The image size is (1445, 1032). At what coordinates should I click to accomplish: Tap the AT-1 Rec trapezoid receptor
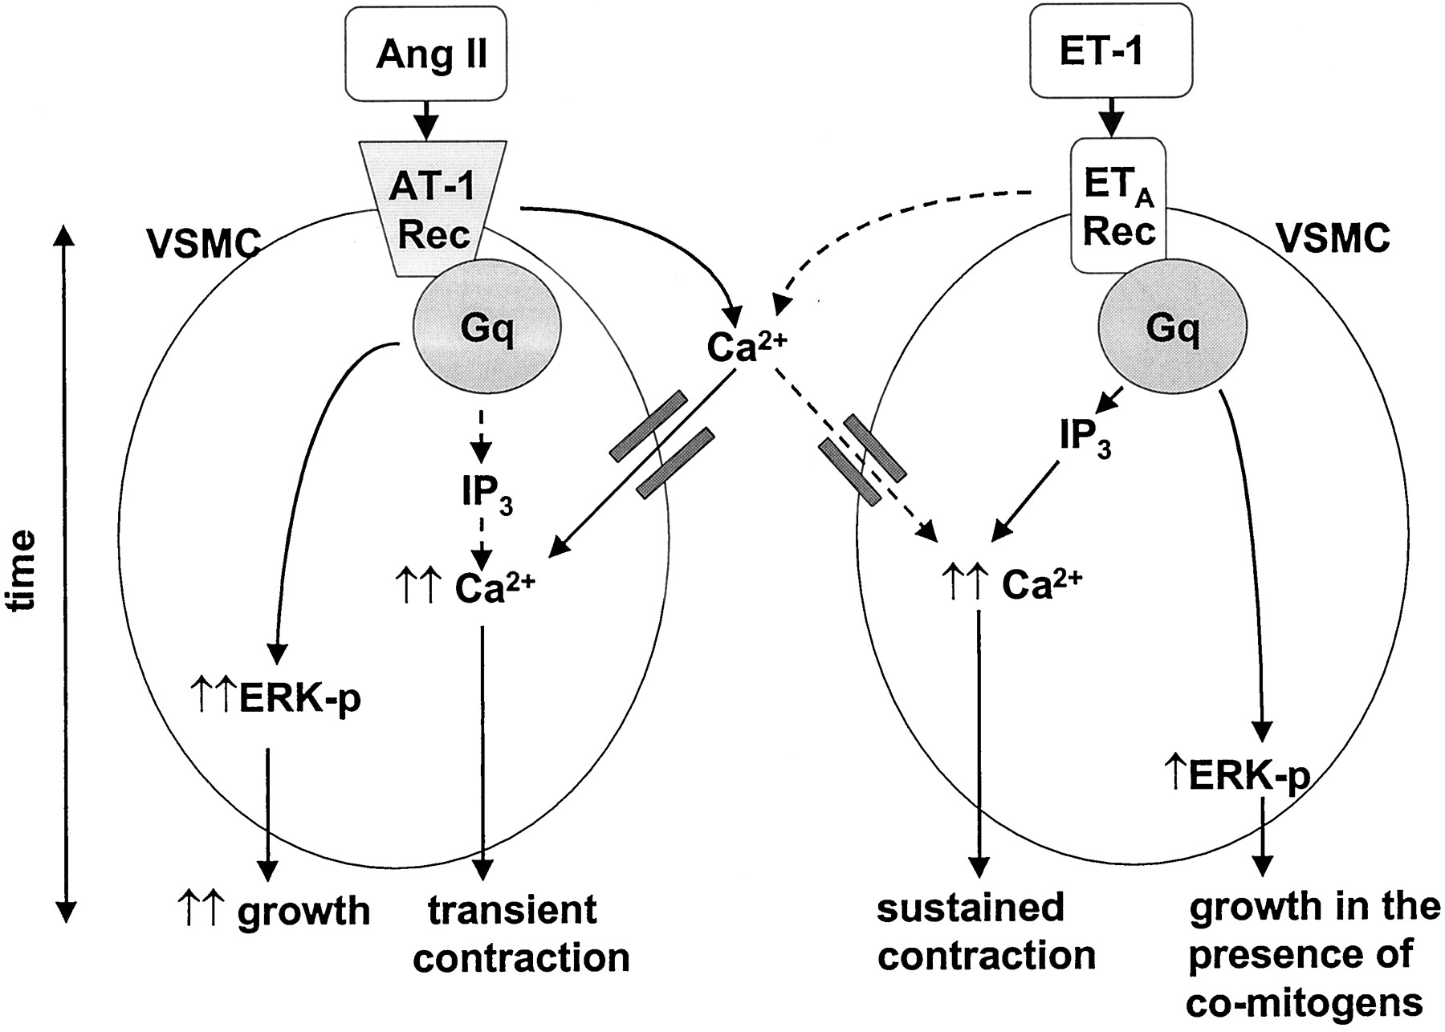coord(433,210)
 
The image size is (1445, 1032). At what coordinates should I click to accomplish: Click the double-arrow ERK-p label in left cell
coord(276,698)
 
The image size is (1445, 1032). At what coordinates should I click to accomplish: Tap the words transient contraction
coord(520,934)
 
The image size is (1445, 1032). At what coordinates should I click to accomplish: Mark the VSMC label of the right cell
coord(1333,238)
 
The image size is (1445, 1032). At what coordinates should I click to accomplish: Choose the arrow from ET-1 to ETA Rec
coord(1111,116)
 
